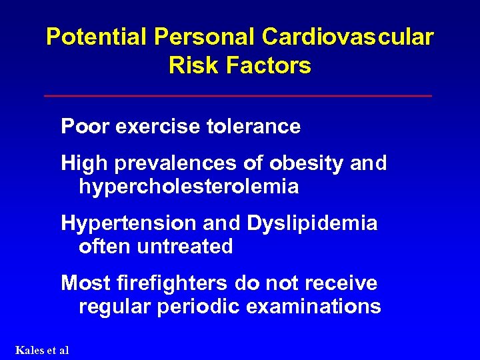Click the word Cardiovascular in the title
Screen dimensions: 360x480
(x=347, y=37)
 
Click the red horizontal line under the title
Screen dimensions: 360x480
(x=238, y=96)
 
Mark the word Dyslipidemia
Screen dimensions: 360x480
(x=312, y=223)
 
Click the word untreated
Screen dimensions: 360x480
(x=185, y=247)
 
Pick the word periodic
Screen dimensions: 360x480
(x=204, y=307)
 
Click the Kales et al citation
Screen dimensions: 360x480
(x=41, y=350)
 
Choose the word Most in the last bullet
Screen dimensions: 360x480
(x=84, y=283)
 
